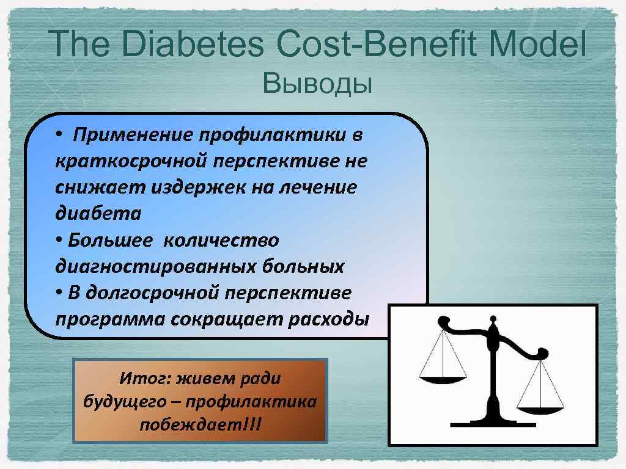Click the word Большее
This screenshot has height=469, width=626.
click(109, 240)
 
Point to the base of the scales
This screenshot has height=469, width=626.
click(492, 421)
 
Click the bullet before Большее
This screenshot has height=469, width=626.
click(59, 240)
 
